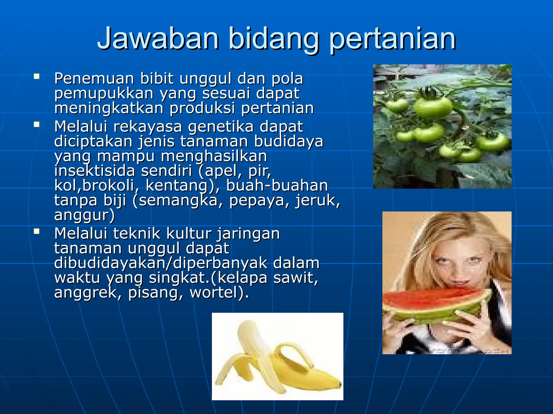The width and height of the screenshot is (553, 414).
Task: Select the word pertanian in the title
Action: coord(393,40)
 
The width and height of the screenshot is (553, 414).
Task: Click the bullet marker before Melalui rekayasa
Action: coord(37,125)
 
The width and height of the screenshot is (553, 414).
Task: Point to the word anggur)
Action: coord(85,215)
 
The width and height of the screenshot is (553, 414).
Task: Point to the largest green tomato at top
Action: coord(433,106)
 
